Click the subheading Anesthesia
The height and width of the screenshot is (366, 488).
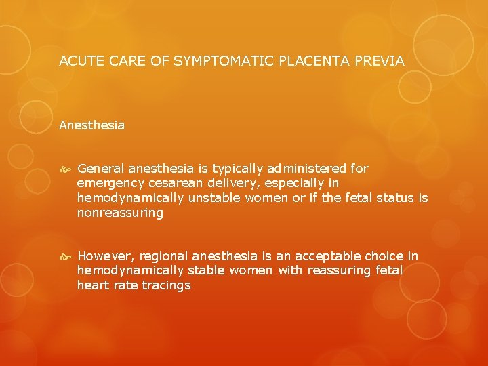[x=91, y=125]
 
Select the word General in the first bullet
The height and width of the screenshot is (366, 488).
[x=100, y=168]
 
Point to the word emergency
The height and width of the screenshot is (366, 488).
[x=109, y=183]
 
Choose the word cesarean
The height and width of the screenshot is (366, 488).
[x=171, y=183]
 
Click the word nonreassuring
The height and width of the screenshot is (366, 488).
[x=120, y=213]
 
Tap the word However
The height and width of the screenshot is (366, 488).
[x=105, y=256]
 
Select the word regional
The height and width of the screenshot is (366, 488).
[x=163, y=256]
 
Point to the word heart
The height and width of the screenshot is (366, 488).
[x=91, y=285]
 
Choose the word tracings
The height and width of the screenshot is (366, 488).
[x=166, y=285]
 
